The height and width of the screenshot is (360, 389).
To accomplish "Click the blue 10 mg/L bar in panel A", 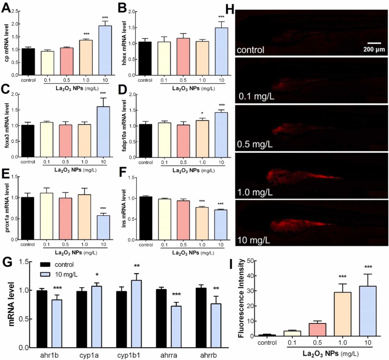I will coord(104,50).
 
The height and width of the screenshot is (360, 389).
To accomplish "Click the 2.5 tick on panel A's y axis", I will coord(19,11).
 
